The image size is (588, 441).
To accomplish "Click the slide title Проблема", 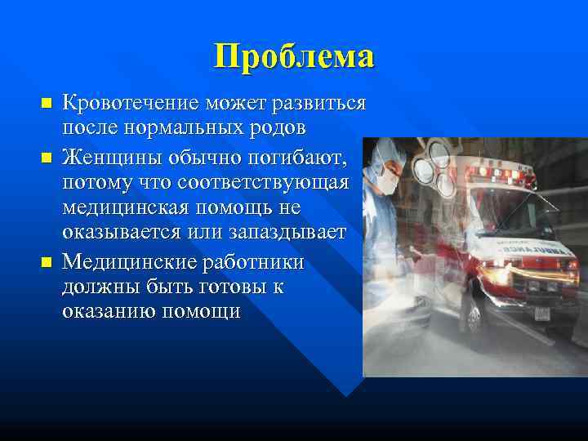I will [294, 56].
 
